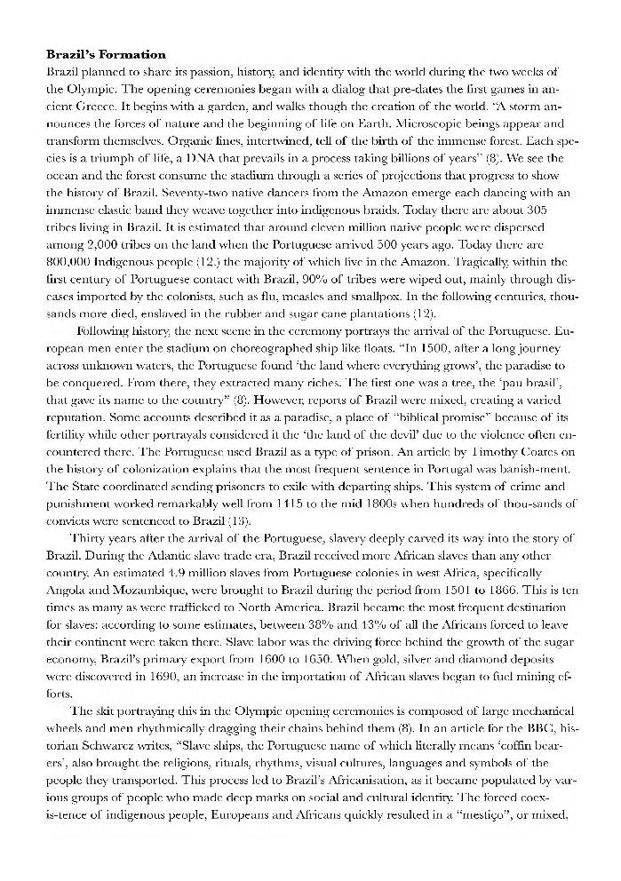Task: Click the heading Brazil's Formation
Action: [105, 55]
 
